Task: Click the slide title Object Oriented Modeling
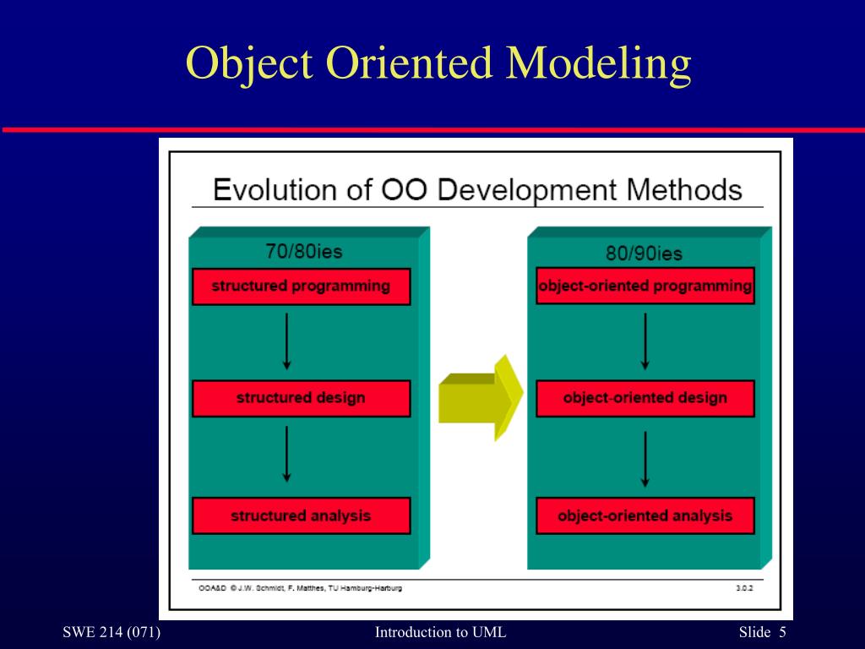tap(438, 65)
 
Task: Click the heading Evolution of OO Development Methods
tap(477, 189)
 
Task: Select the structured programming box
tap(301, 286)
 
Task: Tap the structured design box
tap(301, 398)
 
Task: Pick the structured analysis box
tap(301, 515)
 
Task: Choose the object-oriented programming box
tap(645, 286)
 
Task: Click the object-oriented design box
tap(645, 398)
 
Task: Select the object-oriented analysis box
tap(645, 515)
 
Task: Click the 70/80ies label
tap(304, 251)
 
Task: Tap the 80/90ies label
tap(644, 253)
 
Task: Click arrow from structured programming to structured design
tap(287, 341)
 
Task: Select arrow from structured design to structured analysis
tap(287, 454)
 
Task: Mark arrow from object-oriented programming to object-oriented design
tap(645, 341)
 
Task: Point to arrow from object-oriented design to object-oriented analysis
tap(645, 459)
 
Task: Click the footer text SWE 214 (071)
tap(112, 633)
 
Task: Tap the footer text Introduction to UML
tap(440, 633)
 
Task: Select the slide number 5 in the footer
tap(782, 633)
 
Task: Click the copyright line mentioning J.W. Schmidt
tap(300, 588)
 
